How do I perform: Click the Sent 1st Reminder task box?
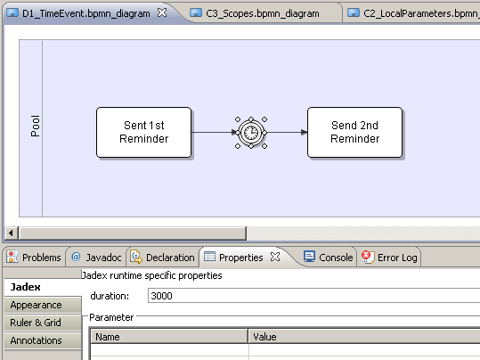[x=144, y=133]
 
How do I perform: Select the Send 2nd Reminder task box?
[x=354, y=133]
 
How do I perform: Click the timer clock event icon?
[x=251, y=133]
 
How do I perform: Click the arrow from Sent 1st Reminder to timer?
[x=215, y=133]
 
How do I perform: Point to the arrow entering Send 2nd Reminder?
[x=286, y=133]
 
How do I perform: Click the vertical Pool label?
[x=36, y=126]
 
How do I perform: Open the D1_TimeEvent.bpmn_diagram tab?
[x=86, y=13]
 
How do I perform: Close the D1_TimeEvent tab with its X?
[x=162, y=12]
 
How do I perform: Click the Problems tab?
[x=34, y=258]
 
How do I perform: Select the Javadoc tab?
[x=96, y=258]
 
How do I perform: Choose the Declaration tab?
[x=162, y=258]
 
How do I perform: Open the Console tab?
[x=328, y=258]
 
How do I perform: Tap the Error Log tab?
[x=389, y=258]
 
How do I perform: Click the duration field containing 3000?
[x=313, y=296]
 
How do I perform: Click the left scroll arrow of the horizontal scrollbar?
[x=11, y=233]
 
